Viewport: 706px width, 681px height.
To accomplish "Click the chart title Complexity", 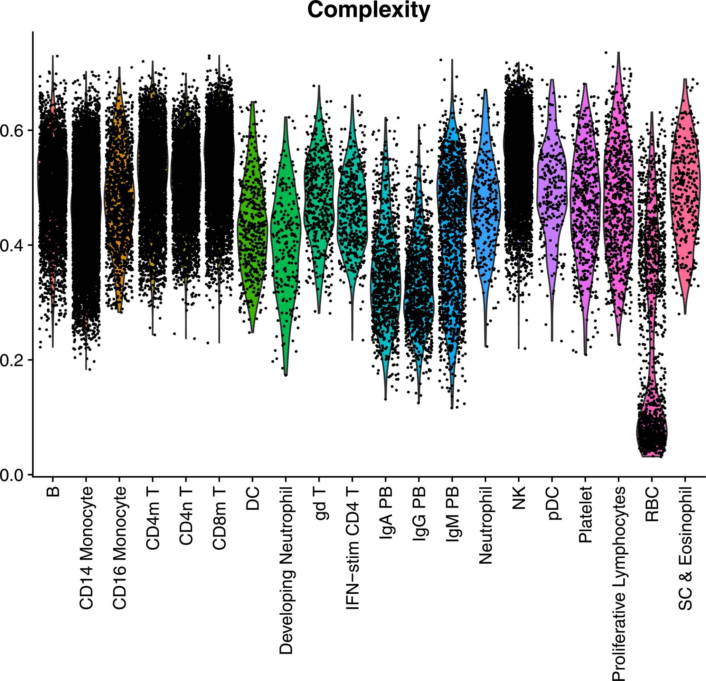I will pos(368,10).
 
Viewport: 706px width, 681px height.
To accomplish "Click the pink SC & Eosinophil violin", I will pos(685,195).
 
